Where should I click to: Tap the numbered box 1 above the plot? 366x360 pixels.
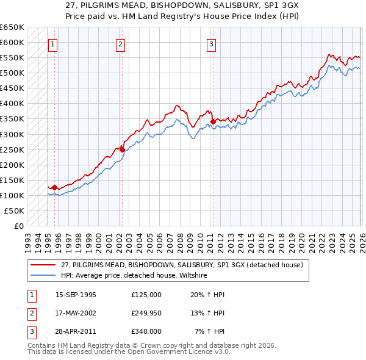pyautogui.click(x=53, y=43)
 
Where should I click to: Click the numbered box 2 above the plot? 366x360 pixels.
pyautogui.click(x=121, y=43)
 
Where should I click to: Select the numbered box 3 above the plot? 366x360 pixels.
pyautogui.click(x=211, y=43)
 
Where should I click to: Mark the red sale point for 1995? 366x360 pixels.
pyautogui.click(x=55, y=187)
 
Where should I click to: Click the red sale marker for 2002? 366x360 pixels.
pyautogui.click(x=122, y=149)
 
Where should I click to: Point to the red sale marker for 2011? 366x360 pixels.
pyautogui.click(x=213, y=121)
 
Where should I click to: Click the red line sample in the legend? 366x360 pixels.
pyautogui.click(x=43, y=265)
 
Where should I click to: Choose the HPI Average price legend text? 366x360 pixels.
pyautogui.click(x=134, y=275)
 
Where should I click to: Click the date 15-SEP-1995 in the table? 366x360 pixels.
pyautogui.click(x=76, y=295)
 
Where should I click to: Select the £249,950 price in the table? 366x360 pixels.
pyautogui.click(x=146, y=313)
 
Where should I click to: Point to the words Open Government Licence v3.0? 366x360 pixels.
pyautogui.click(x=183, y=353)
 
